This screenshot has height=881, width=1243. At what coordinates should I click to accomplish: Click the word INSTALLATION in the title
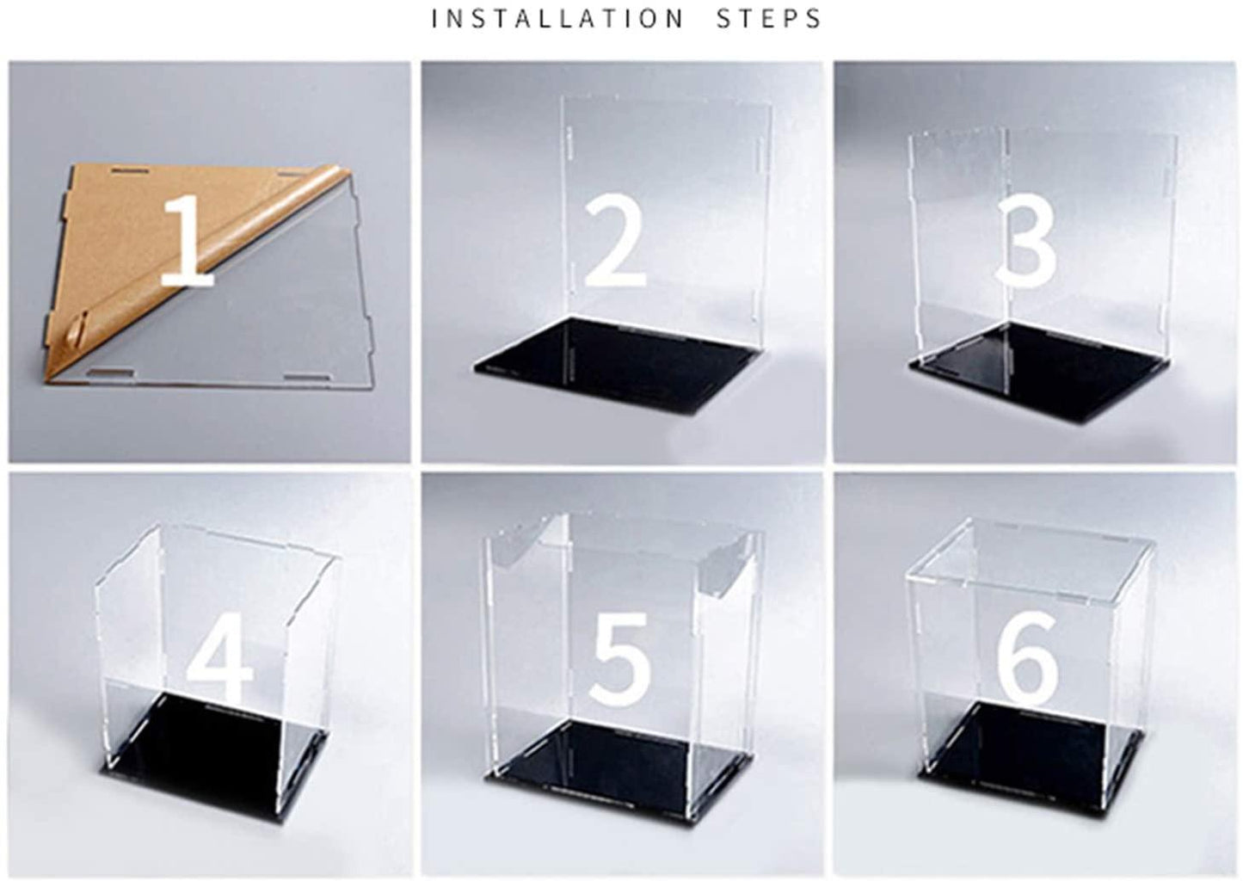pos(557,19)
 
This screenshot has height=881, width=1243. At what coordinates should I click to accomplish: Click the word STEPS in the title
pos(768,19)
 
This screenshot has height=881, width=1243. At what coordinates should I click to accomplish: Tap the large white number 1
pos(187,241)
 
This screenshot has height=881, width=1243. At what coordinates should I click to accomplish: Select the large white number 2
pos(614,240)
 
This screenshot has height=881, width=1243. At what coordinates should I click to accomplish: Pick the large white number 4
pos(218,658)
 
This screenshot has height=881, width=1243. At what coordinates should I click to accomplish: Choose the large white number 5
pos(618,660)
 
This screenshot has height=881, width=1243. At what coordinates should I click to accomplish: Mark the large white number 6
pos(1028,659)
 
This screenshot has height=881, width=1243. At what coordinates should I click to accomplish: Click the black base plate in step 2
pos(620,366)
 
